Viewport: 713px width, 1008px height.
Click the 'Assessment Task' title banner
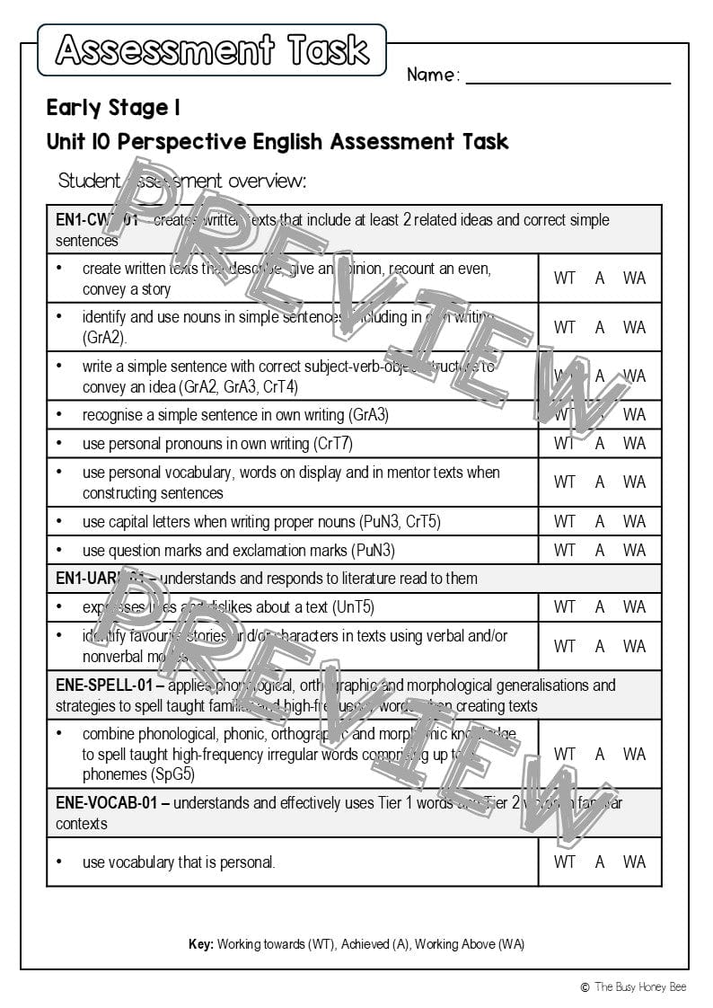212,50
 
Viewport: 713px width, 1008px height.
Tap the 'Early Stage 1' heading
114,109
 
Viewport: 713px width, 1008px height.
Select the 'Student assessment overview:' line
182,181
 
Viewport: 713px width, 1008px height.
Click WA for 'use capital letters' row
634,521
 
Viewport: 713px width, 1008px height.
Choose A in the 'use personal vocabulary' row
600,482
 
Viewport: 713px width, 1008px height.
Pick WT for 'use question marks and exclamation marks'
565,550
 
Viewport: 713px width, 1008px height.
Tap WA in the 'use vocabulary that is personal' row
634,862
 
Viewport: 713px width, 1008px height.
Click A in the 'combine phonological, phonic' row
600,754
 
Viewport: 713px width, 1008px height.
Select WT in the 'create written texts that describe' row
565,278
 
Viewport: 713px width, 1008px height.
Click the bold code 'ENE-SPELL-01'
106,685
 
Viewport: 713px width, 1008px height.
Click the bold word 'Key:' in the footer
201,944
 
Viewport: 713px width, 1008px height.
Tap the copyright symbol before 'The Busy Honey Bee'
585,987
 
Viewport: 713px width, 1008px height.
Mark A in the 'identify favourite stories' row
600,646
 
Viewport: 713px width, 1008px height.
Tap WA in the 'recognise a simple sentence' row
634,415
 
